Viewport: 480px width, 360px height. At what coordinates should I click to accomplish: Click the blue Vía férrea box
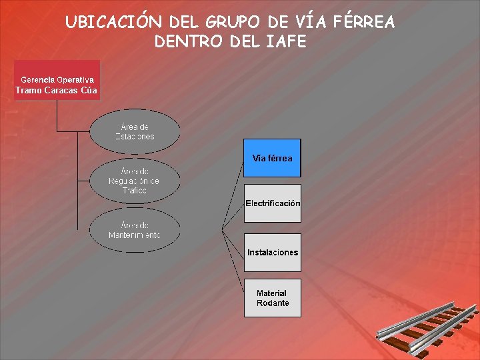pyautogui.click(x=272, y=158)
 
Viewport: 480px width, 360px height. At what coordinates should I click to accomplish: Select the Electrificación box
pyautogui.click(x=272, y=203)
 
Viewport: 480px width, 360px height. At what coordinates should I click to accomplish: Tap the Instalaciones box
pyautogui.click(x=272, y=252)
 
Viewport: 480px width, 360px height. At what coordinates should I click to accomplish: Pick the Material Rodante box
pyautogui.click(x=272, y=297)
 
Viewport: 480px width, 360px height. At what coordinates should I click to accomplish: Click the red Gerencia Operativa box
pyautogui.click(x=57, y=80)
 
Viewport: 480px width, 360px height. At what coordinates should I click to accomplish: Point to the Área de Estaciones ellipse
pyautogui.click(x=135, y=131)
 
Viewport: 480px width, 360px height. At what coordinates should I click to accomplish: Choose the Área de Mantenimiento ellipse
pyautogui.click(x=135, y=230)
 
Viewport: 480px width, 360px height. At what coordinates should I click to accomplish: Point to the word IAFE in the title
pyautogui.click(x=288, y=41)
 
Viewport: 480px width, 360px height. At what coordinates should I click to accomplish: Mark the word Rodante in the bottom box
pyautogui.click(x=273, y=303)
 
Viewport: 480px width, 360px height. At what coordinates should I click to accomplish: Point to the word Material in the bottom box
pyautogui.click(x=271, y=293)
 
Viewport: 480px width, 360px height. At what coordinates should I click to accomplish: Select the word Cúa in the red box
pyautogui.click(x=89, y=90)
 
